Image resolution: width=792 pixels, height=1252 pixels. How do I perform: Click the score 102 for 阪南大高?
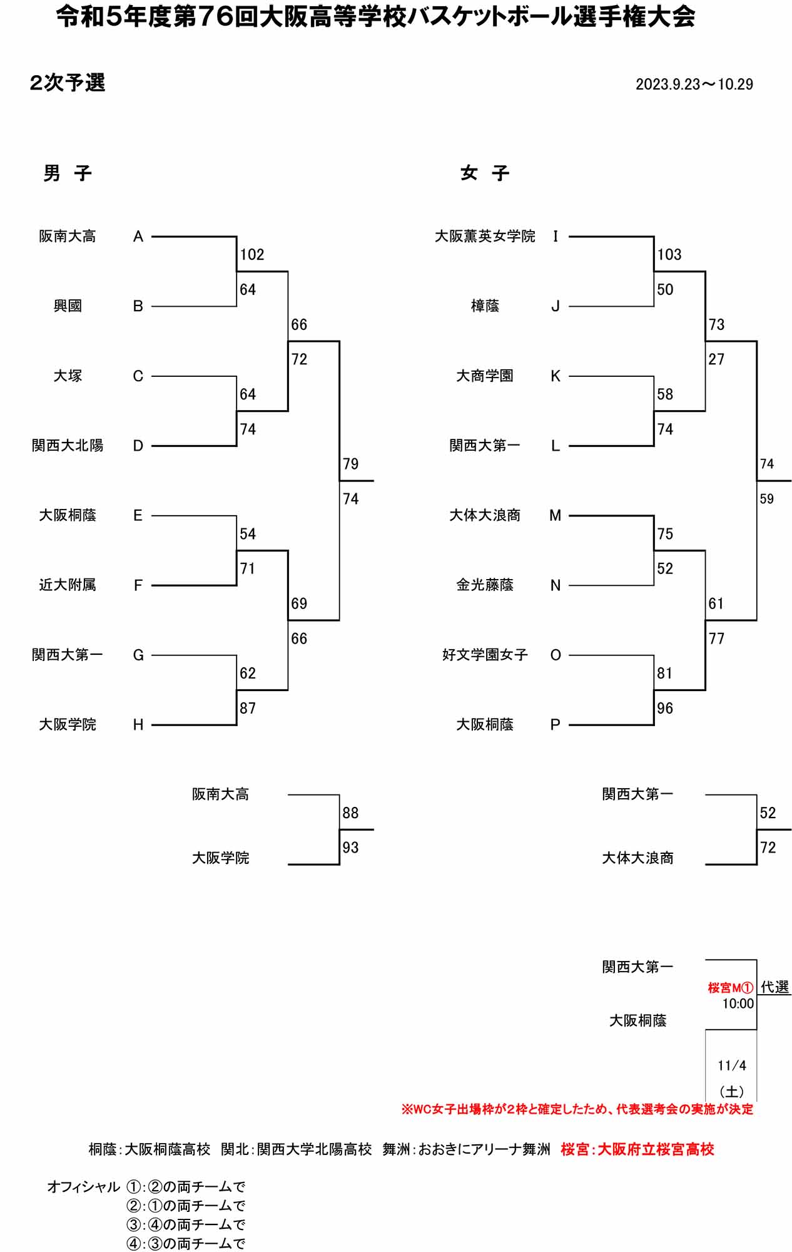[252, 255]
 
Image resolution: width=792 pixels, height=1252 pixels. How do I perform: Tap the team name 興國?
[68, 306]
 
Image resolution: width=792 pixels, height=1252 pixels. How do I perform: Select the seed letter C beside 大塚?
[138, 376]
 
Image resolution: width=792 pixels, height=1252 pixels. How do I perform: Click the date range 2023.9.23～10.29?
[694, 85]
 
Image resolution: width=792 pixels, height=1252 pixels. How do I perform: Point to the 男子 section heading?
[68, 173]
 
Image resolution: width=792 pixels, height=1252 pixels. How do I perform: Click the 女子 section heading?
[485, 173]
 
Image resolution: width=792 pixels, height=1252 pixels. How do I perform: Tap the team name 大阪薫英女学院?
[485, 237]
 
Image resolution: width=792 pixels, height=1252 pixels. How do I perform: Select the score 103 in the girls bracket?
[669, 255]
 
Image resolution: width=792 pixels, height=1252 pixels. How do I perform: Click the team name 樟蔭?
[485, 306]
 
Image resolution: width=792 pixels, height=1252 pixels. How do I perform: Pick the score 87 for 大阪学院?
[248, 709]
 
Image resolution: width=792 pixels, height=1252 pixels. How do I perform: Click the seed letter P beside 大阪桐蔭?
[556, 725]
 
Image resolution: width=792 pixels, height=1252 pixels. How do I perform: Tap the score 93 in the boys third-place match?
[350, 848]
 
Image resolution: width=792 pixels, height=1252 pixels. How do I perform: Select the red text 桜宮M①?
[730, 988]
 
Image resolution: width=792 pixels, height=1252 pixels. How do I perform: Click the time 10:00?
[738, 1004]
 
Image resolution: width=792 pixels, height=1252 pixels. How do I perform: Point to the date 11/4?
[732, 1065]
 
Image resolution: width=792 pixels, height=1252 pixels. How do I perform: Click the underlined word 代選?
[774, 987]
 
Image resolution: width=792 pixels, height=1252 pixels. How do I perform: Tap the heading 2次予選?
[68, 83]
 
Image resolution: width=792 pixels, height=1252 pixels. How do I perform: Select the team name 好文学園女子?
[485, 655]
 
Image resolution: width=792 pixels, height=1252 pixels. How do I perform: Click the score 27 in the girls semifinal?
[716, 359]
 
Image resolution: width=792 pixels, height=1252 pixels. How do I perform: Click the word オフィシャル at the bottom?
[83, 1187]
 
